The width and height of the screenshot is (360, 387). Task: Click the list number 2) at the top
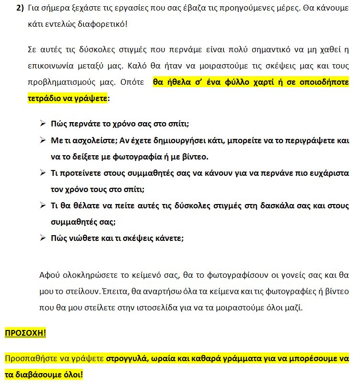[x=20, y=9]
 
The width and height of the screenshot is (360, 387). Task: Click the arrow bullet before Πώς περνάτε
[x=43, y=124]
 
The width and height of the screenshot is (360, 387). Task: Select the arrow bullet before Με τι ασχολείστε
[x=43, y=140]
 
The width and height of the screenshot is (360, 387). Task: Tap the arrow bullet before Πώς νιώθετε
[x=43, y=238]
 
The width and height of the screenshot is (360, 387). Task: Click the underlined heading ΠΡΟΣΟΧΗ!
[x=25, y=333]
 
